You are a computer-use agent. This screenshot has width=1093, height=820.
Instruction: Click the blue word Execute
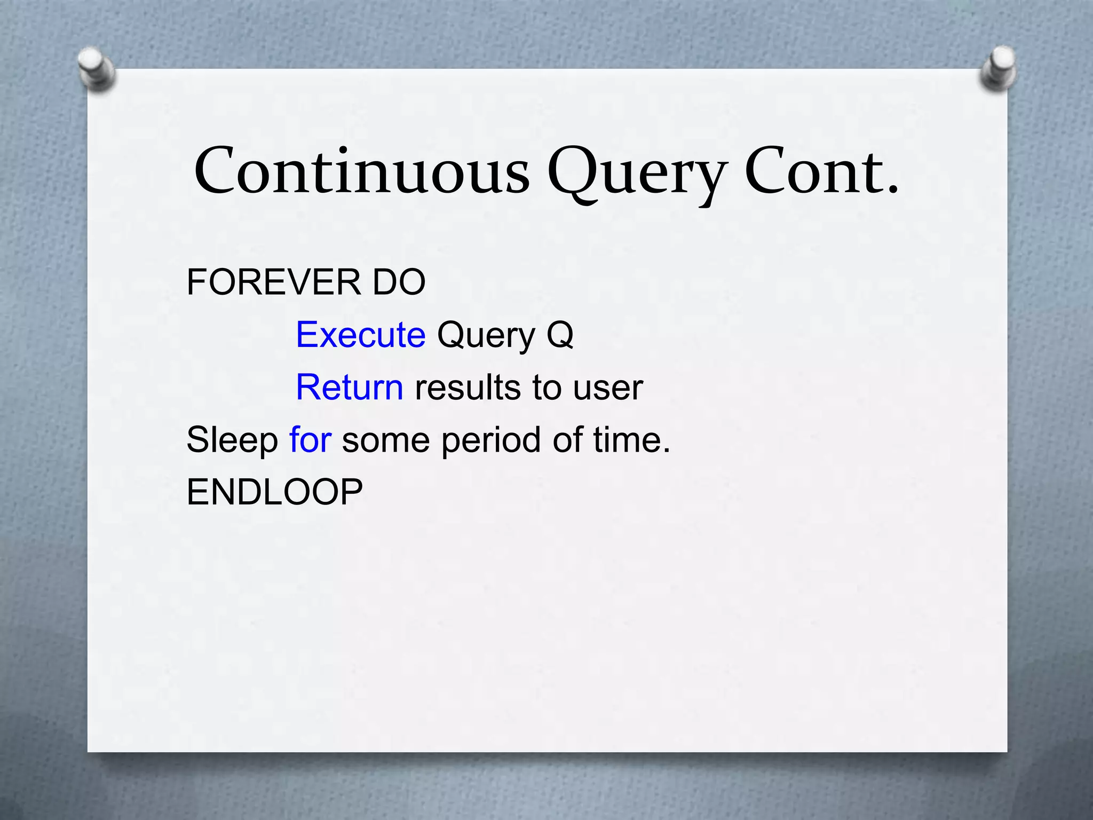tap(361, 335)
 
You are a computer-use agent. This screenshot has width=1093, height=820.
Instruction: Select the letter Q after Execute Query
tap(560, 335)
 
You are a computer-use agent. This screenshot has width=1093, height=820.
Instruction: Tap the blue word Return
tap(350, 387)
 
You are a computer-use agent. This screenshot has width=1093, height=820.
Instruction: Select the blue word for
tap(310, 439)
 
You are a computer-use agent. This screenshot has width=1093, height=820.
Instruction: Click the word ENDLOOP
tap(274, 492)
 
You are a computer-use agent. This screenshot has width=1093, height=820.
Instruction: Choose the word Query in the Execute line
tap(486, 336)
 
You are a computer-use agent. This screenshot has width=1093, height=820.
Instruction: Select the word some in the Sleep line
tap(385, 440)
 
